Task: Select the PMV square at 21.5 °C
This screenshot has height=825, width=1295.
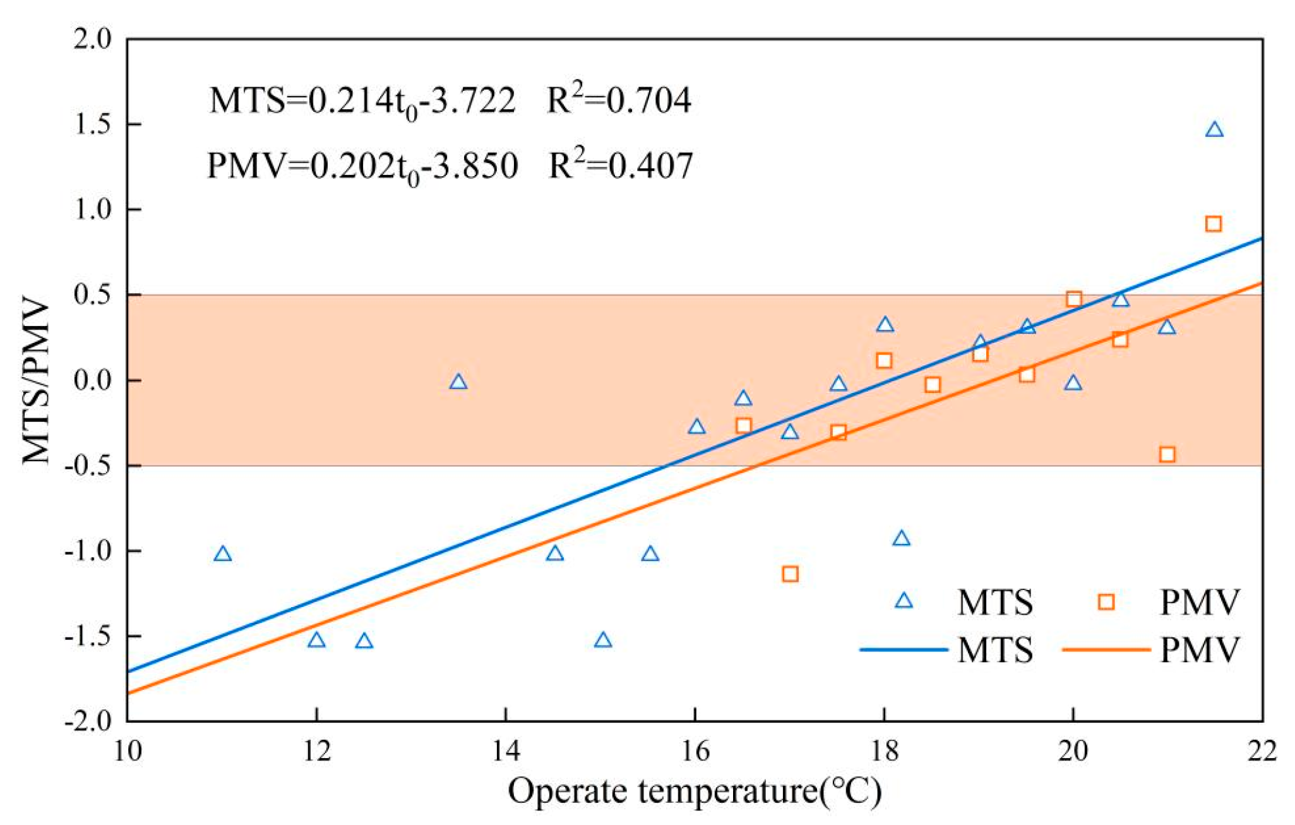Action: click(1213, 224)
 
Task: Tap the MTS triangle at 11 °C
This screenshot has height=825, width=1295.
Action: click(222, 555)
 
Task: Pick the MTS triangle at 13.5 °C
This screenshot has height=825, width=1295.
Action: click(458, 382)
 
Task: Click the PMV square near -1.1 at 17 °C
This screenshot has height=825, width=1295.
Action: click(790, 574)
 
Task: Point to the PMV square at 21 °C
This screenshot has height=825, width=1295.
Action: click(1167, 454)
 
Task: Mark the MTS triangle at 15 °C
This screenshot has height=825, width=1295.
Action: click(603, 641)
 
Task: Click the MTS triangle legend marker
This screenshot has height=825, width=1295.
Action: click(904, 601)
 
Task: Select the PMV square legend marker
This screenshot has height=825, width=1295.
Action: click(1106, 601)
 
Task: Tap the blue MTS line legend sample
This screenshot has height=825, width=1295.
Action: click(904, 649)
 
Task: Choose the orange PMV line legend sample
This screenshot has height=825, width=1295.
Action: click(1106, 649)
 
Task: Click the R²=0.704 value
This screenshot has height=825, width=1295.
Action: click(619, 100)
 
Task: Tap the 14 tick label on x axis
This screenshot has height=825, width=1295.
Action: click(505, 750)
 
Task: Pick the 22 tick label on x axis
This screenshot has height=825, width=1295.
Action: click(1262, 750)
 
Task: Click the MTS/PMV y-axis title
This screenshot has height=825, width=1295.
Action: click(36, 381)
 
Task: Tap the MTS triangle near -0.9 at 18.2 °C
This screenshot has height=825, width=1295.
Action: click(901, 539)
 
